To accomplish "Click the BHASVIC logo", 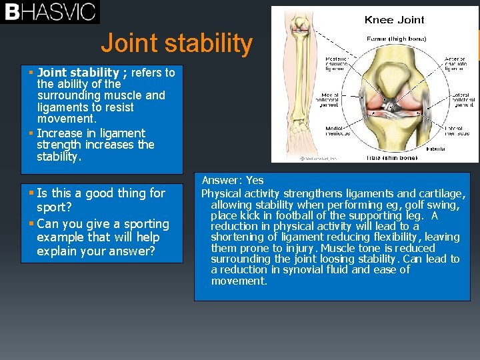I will (50, 12).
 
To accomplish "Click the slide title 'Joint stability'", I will (177, 44).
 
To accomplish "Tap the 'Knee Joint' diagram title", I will (394, 19).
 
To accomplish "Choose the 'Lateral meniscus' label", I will (461, 131).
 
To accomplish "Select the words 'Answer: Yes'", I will (233, 181).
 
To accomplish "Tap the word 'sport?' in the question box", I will (54, 207).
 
